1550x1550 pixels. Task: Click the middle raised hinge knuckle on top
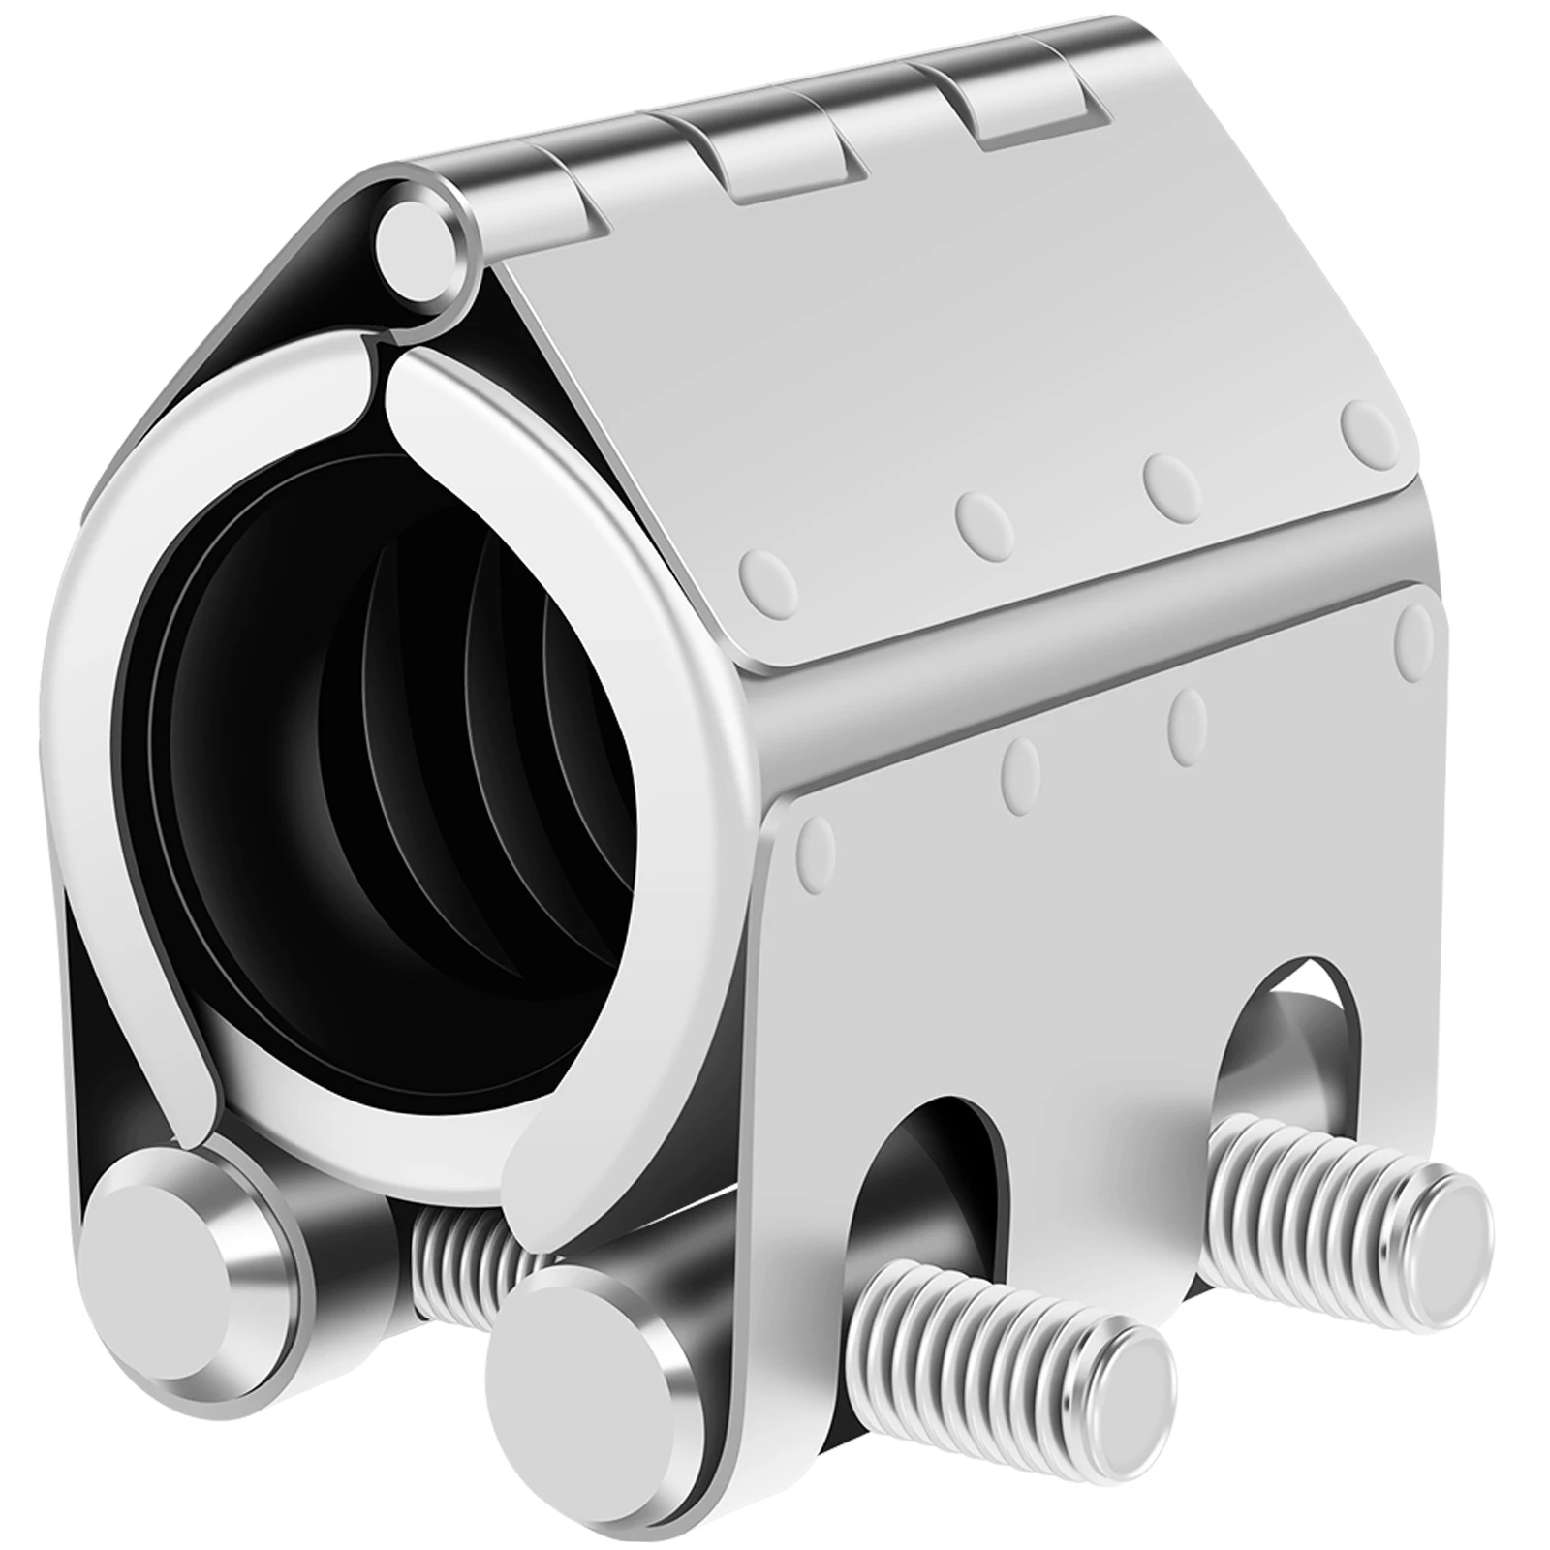775,160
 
